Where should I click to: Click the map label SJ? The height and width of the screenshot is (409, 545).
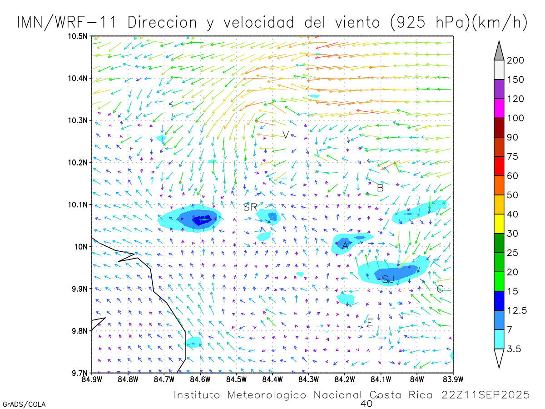pyautogui.click(x=388, y=279)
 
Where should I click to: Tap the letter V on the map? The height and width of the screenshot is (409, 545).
pyautogui.click(x=286, y=135)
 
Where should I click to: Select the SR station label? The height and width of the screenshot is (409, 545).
pyautogui.click(x=250, y=207)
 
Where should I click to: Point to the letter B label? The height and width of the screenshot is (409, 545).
pyautogui.click(x=381, y=187)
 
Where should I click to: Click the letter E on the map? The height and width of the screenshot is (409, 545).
pyautogui.click(x=370, y=323)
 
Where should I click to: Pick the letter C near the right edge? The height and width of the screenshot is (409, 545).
pyautogui.click(x=440, y=289)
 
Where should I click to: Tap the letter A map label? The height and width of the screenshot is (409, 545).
pyautogui.click(x=345, y=245)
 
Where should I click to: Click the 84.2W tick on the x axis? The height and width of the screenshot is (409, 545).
pyautogui.click(x=345, y=379)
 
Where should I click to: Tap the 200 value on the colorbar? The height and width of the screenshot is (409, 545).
pyautogui.click(x=516, y=60)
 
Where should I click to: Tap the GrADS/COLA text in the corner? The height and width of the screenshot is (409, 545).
pyautogui.click(x=24, y=404)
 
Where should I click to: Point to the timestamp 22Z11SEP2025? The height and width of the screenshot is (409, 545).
pyautogui.click(x=486, y=395)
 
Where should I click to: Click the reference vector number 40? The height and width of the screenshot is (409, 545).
pyautogui.click(x=366, y=403)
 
